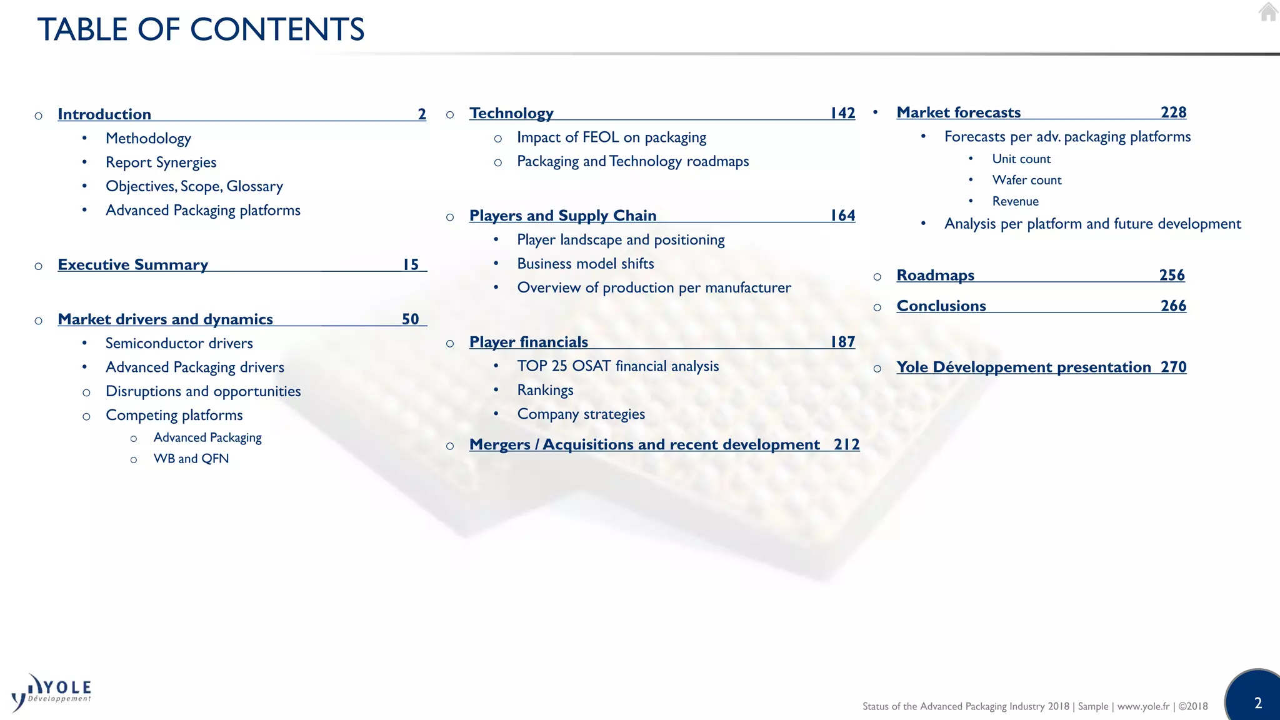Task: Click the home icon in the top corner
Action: (1268, 12)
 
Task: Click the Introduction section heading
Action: (104, 114)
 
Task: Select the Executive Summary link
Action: (132, 265)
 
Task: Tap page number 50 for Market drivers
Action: (410, 319)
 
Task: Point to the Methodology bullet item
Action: (148, 139)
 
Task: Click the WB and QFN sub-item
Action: (191, 459)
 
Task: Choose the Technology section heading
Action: (511, 113)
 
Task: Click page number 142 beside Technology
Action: (842, 113)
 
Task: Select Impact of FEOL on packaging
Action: (611, 137)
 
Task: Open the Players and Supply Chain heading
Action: (562, 216)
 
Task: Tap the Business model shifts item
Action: (586, 264)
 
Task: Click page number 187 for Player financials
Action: (842, 342)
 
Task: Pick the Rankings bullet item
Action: (545, 391)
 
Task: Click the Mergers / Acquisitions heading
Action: (644, 444)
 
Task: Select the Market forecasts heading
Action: (958, 112)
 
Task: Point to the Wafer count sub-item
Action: (1027, 181)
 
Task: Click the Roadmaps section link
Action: (935, 276)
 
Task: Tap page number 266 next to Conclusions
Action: (1173, 306)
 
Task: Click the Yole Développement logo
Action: (51, 692)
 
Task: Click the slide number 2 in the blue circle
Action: (1258, 703)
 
